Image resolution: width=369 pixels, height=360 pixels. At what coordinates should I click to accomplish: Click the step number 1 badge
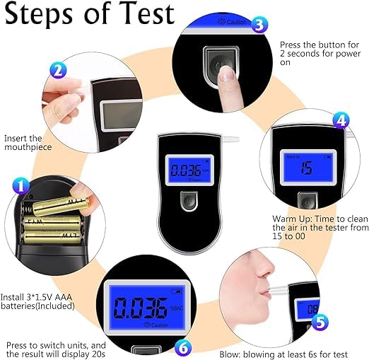pyautogui.click(x=21, y=185)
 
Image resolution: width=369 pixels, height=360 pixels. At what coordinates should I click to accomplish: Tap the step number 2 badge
pyautogui.click(x=58, y=71)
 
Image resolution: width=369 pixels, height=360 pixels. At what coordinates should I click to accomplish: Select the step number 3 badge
pyautogui.click(x=259, y=25)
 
